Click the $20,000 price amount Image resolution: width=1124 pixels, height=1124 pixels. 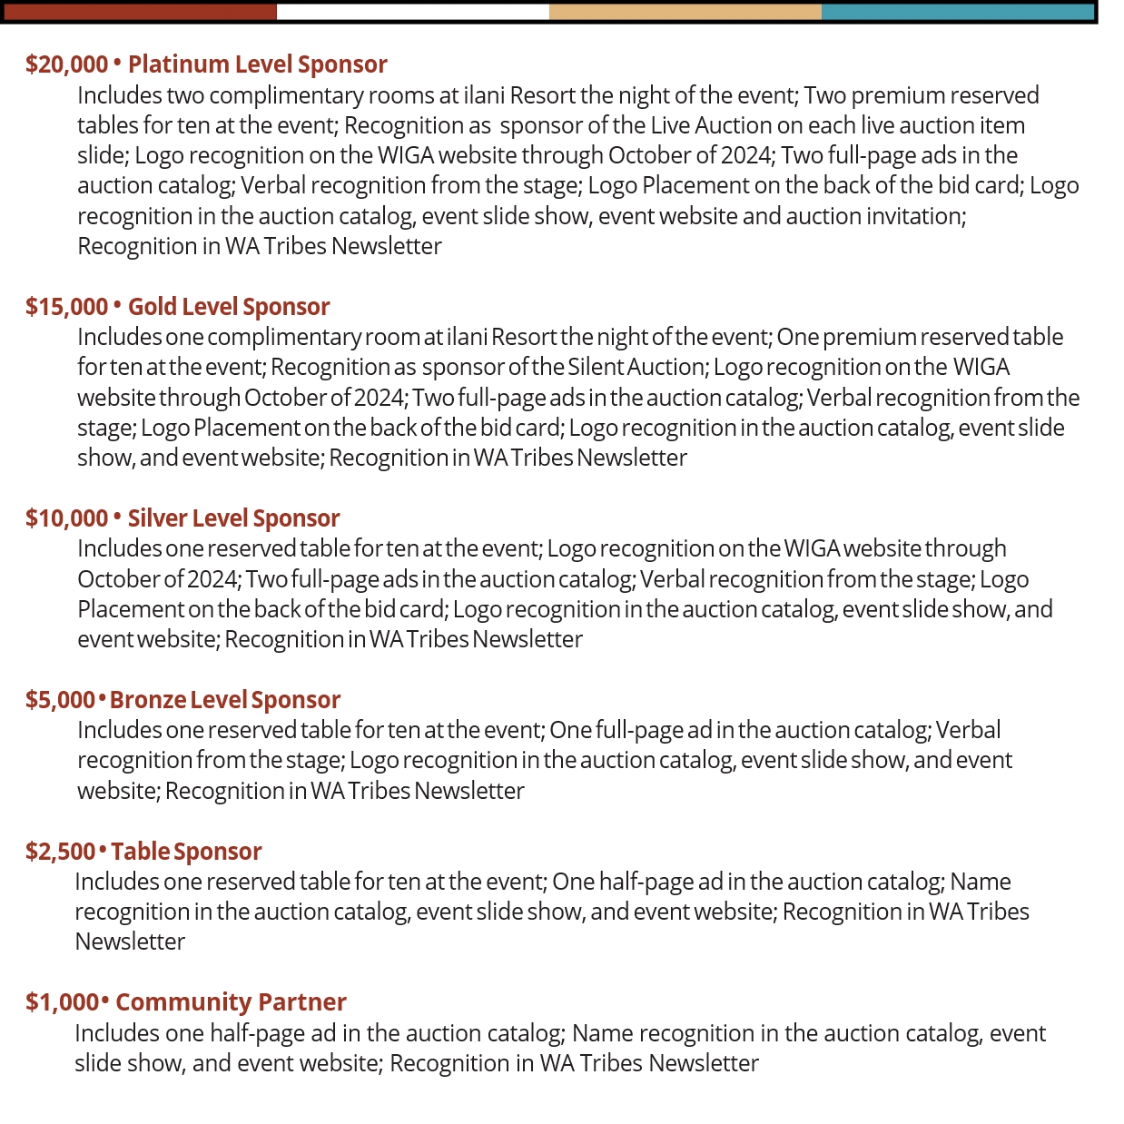tap(66, 64)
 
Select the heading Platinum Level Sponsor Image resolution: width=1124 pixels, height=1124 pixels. tap(257, 64)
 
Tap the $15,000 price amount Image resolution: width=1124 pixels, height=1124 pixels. tap(66, 307)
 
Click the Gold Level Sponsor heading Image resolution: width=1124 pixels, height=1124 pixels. tap(228, 307)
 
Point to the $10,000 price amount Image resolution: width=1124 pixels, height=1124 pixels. tap(66, 518)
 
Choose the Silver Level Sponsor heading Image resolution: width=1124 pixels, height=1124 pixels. tap(233, 518)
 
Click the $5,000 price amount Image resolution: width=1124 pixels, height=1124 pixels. tap(60, 700)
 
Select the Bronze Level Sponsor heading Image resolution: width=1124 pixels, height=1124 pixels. tap(225, 700)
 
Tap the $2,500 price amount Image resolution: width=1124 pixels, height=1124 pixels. tap(60, 852)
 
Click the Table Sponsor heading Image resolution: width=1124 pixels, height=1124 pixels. tap(186, 852)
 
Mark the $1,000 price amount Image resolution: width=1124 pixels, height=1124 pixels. tap(61, 1002)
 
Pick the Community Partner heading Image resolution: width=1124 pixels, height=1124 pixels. tap(231, 1002)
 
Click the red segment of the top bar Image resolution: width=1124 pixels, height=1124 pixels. tap(140, 12)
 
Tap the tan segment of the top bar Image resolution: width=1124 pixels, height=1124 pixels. tap(685, 12)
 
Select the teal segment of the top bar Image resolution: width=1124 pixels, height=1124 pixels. tap(957, 12)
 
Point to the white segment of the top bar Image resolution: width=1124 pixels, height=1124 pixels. tap(412, 12)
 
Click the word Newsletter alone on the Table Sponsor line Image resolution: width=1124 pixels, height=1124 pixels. tap(130, 942)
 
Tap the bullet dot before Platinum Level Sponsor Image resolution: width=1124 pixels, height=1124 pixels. tap(117, 63)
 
